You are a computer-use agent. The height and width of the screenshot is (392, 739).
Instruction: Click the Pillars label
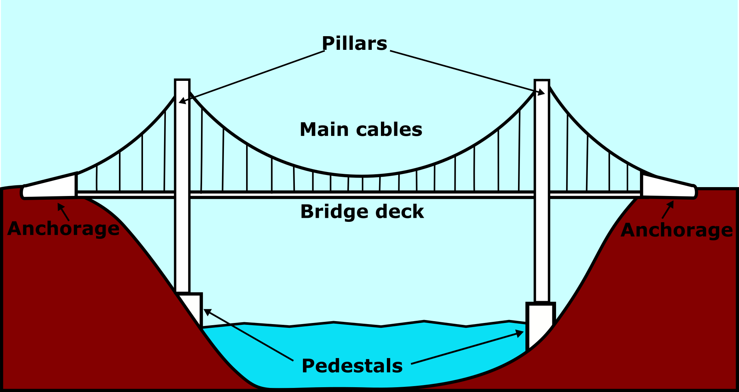pyautogui.click(x=354, y=44)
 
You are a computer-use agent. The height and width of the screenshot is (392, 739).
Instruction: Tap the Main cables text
pyautogui.click(x=361, y=130)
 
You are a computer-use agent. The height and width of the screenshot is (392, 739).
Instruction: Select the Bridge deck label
pyautogui.click(x=362, y=212)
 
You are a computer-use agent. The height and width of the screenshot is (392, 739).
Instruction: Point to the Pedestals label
pyautogui.click(x=352, y=366)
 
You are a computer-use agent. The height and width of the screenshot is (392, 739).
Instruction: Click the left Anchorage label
pyautogui.click(x=64, y=228)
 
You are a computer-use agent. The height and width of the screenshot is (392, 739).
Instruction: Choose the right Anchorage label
pyautogui.click(x=677, y=230)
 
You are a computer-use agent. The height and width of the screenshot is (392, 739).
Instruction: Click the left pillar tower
pyautogui.click(x=182, y=185)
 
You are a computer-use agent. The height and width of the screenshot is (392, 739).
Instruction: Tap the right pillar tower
pyautogui.click(x=542, y=185)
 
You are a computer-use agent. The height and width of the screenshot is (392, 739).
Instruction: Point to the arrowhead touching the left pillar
pyautogui.click(x=181, y=101)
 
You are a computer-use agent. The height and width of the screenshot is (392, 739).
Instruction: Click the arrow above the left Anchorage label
pyautogui.click(x=63, y=212)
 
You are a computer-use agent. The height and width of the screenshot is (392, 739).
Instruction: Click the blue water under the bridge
pyautogui.click(x=362, y=354)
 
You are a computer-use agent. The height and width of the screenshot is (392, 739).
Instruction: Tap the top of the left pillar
pyautogui.click(x=182, y=81)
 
